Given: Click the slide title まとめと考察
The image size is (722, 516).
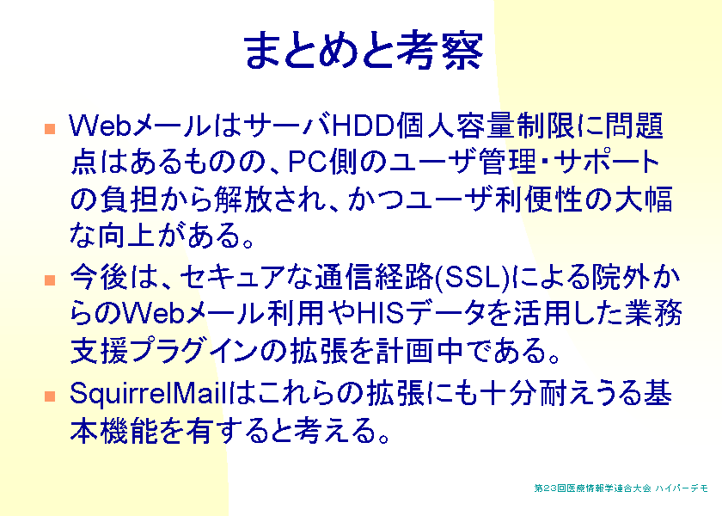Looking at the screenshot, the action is [x=364, y=50].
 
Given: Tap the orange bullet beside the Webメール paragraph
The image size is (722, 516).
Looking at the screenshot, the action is [x=50, y=128].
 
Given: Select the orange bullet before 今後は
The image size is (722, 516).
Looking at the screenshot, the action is [x=50, y=280].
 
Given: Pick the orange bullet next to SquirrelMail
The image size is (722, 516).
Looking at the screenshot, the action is [x=50, y=396].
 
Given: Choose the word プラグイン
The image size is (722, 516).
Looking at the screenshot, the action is [x=193, y=351].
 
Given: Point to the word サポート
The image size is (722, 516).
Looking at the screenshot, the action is [x=607, y=162].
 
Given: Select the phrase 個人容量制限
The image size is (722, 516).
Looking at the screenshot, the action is [x=486, y=126].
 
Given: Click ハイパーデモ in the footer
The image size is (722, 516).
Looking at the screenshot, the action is [x=682, y=488].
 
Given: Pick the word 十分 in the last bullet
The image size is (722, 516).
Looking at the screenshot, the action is [x=508, y=395].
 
